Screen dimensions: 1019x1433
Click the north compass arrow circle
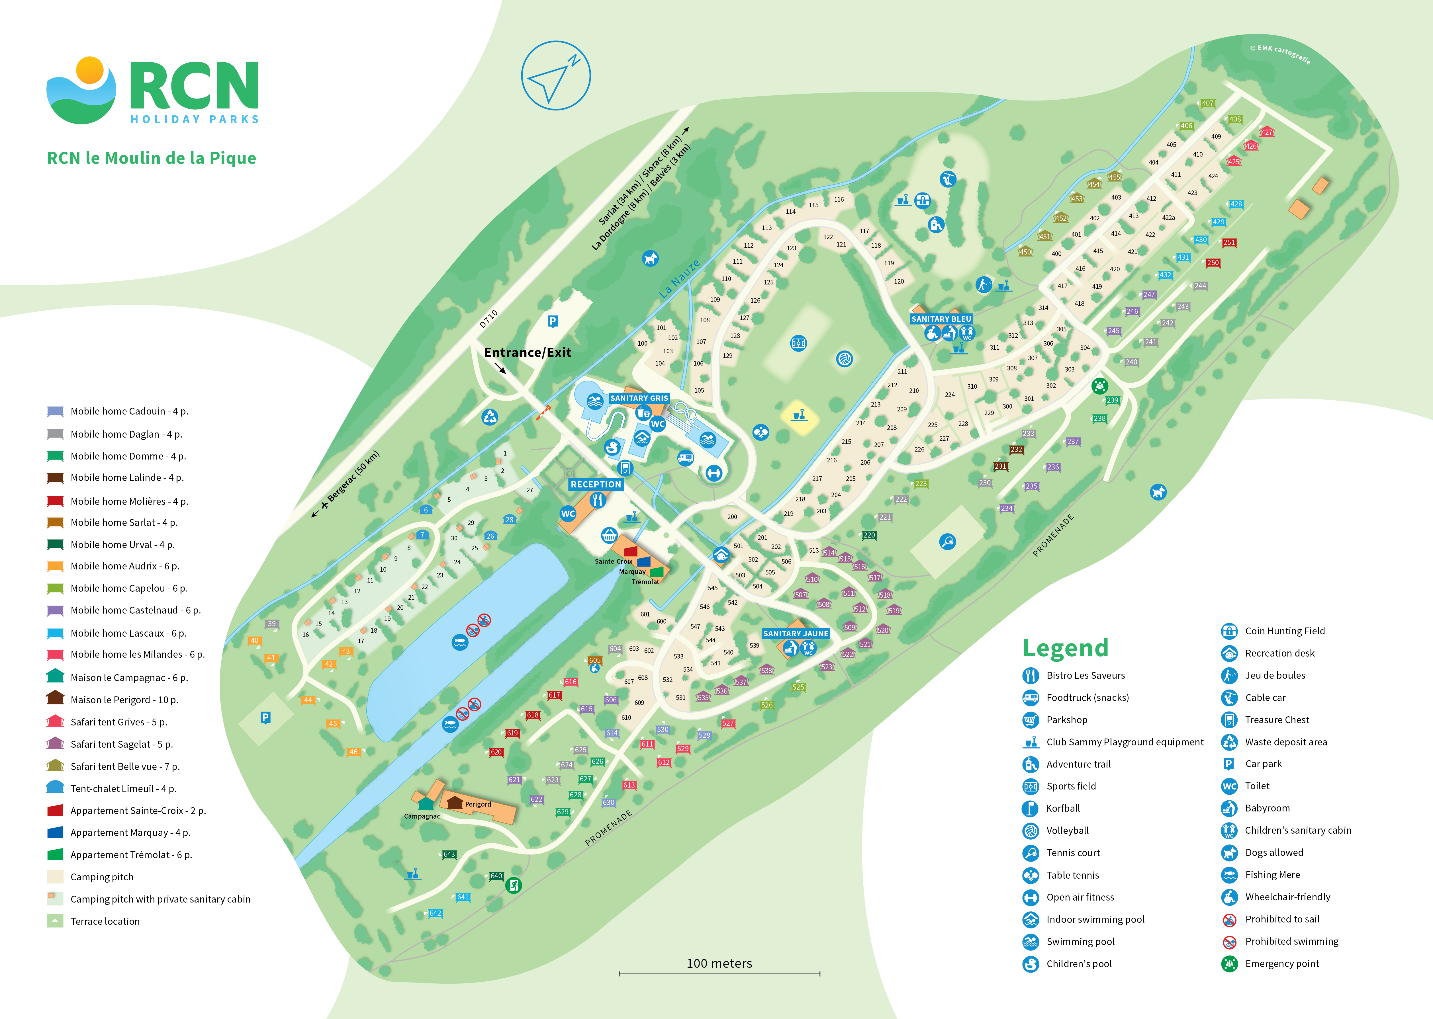[x=555, y=76]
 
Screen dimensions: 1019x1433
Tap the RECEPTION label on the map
[x=596, y=484]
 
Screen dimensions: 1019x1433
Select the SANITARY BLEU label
[x=941, y=319]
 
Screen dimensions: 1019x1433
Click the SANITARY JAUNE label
[x=795, y=634]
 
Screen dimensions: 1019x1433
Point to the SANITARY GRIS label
[x=639, y=398]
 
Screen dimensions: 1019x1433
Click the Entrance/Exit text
[x=527, y=353]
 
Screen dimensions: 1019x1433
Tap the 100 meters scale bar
[x=719, y=973]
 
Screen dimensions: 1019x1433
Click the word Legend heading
[x=1065, y=648]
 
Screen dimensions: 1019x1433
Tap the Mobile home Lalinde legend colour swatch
[x=55, y=478]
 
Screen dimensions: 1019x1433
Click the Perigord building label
[x=478, y=804]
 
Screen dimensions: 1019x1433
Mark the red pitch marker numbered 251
[x=1228, y=243]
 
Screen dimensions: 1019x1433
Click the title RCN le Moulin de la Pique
[x=151, y=158]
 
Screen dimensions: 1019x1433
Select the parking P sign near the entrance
[x=552, y=321]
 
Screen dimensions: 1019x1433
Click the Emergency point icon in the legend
[x=1229, y=964]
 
